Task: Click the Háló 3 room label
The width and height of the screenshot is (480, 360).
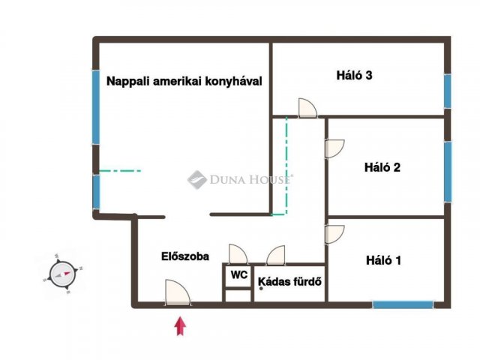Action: (354, 75)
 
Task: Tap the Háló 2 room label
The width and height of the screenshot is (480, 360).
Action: (382, 167)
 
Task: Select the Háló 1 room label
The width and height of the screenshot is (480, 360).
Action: (383, 260)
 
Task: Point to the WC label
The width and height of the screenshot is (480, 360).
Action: (239, 275)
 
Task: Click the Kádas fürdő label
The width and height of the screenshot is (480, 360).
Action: (290, 281)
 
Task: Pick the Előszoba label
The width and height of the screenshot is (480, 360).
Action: (185, 256)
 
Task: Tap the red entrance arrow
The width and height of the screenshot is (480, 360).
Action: (180, 326)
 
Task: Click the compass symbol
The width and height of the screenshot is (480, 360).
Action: (62, 274)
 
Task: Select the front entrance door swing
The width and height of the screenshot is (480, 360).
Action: (178, 292)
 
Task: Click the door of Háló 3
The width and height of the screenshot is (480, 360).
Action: (307, 108)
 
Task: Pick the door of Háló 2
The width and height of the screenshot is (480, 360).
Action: (334, 148)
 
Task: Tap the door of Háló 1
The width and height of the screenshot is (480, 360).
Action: (334, 235)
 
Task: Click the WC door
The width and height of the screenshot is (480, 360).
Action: (238, 254)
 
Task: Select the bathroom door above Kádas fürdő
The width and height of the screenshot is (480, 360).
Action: (276, 255)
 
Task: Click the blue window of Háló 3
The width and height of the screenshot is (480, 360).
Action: (448, 91)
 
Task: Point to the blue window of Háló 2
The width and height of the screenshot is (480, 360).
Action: (448, 172)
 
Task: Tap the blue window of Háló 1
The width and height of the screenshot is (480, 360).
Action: (403, 304)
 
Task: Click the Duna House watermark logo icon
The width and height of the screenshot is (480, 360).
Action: (197, 180)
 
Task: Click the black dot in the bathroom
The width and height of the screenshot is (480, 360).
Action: (261, 288)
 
